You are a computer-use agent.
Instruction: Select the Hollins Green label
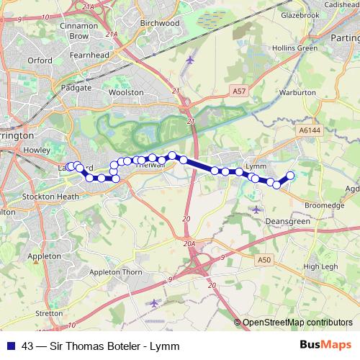click(x=297, y=48)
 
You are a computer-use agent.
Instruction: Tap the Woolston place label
click(x=121, y=92)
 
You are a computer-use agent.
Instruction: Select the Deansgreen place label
click(x=287, y=222)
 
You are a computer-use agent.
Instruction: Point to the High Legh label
click(x=321, y=266)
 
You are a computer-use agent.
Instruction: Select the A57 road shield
click(x=240, y=91)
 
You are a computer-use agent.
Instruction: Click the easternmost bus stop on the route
click(x=291, y=176)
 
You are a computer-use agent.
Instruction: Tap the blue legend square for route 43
click(x=11, y=346)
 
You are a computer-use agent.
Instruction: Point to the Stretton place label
click(x=49, y=314)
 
